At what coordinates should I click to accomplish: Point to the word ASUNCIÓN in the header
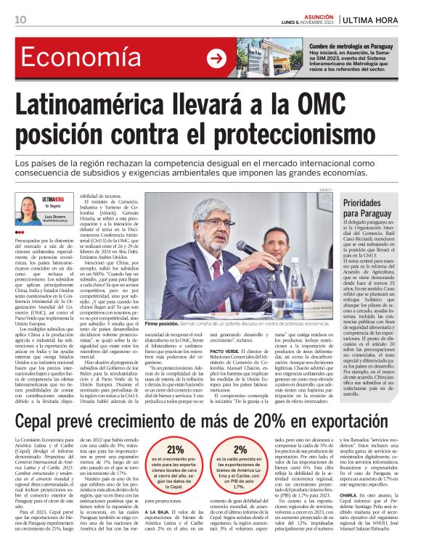pyautogui.click(x=315, y=16)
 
